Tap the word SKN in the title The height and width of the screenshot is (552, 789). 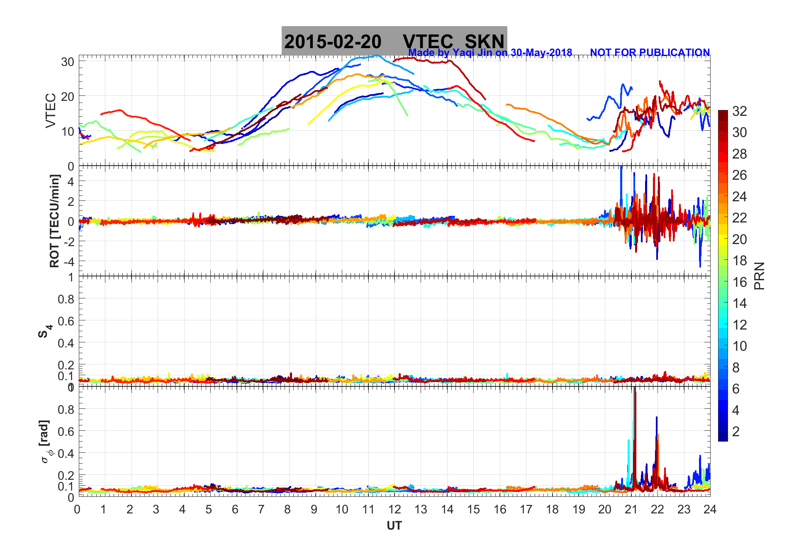click(484, 42)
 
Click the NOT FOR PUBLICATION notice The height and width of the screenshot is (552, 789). click(650, 53)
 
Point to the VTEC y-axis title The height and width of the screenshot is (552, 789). click(51, 110)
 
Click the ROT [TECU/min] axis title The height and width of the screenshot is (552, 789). click(54, 221)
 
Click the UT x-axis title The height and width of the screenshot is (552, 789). click(394, 526)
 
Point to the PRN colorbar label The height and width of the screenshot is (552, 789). click(760, 276)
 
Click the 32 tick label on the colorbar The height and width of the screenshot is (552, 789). click(739, 111)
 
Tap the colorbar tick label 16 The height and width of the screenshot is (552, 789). click(739, 282)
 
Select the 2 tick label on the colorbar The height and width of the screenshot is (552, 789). click(735, 431)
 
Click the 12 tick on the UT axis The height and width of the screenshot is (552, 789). click(394, 509)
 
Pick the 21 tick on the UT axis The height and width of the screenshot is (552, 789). click(631, 509)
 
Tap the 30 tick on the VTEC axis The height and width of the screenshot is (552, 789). click(67, 62)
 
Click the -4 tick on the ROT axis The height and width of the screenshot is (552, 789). click(69, 261)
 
